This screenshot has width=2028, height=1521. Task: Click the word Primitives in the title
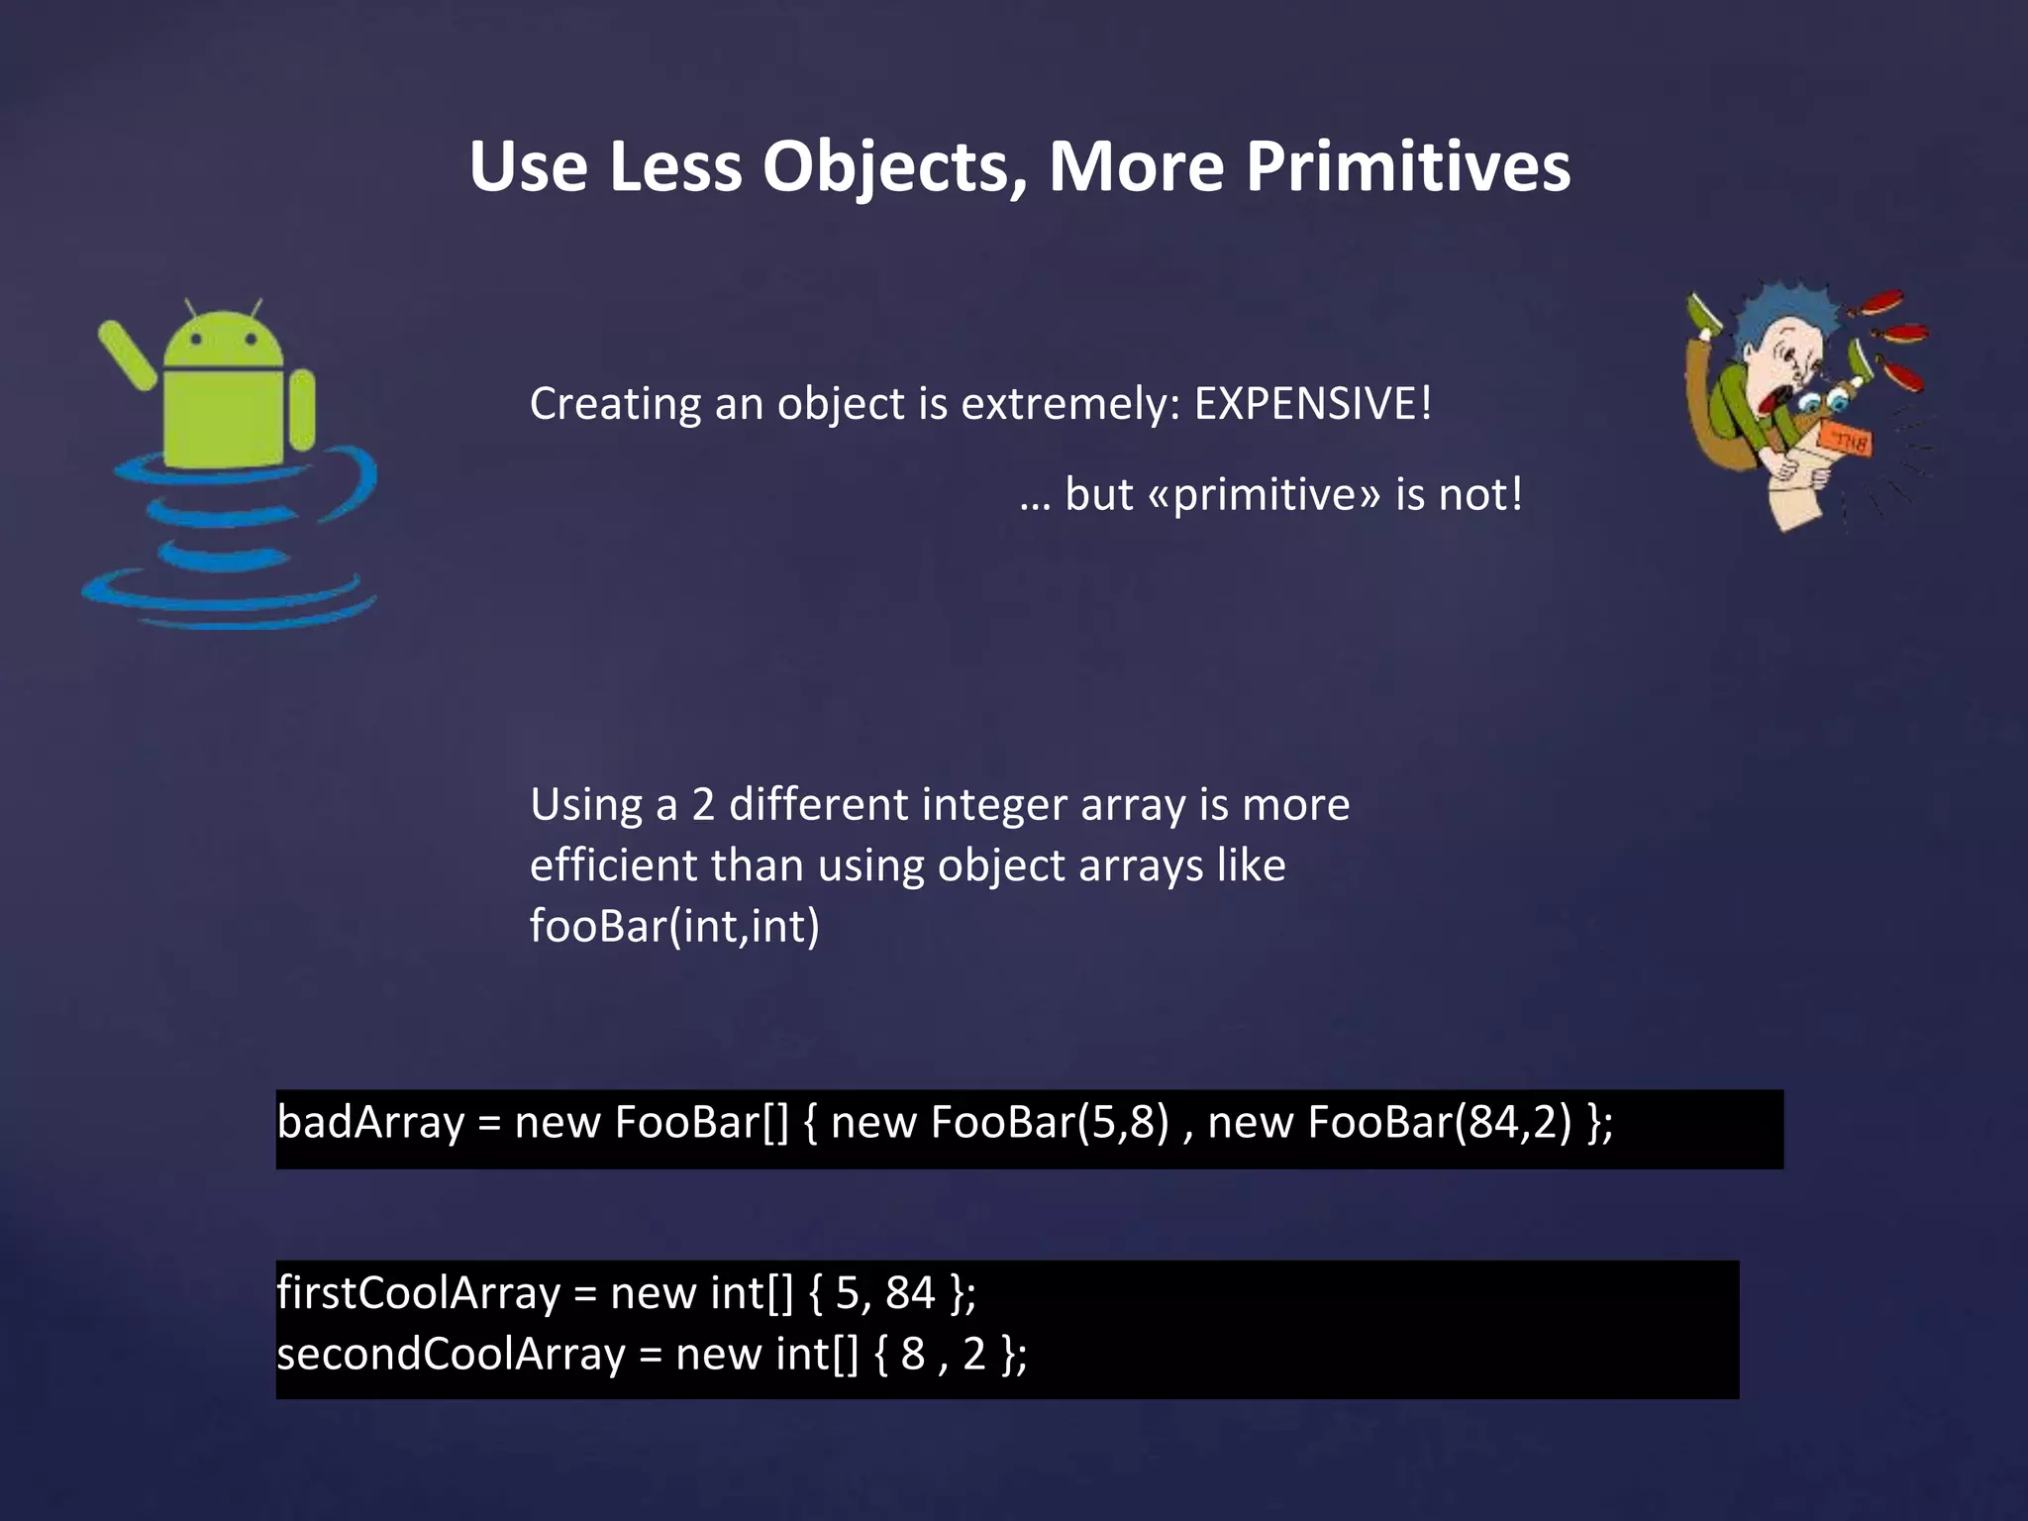pos(1407,166)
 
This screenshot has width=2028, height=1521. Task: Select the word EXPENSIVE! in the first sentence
pos(1313,403)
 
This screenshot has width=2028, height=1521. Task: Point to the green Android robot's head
pos(224,342)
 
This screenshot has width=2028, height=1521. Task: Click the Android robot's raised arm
pos(127,355)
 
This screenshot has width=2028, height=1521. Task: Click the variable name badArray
pos(370,1123)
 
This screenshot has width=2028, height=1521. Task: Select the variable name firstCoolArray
pos(419,1293)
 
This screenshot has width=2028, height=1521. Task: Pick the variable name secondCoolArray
pos(451,1355)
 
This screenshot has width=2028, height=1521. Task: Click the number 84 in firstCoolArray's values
pos(909,1293)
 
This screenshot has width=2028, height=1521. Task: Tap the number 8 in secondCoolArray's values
pos(912,1355)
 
